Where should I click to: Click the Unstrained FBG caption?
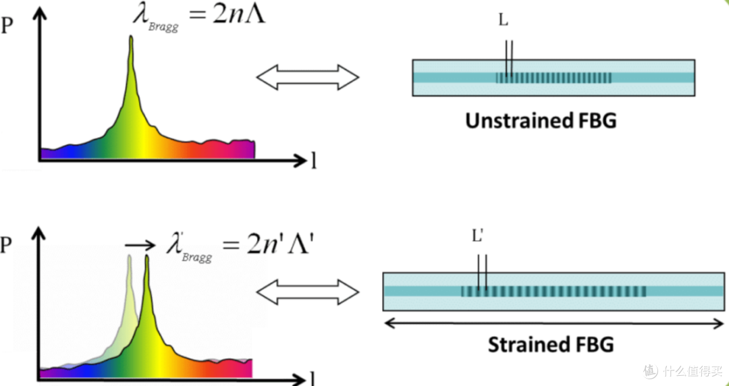coord(541,120)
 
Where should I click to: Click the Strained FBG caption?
coord(551,345)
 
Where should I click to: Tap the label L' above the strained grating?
coord(479,236)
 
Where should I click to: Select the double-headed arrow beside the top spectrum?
coord(308,77)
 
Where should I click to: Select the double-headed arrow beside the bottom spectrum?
coord(308,292)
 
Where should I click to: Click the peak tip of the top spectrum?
coord(131,37)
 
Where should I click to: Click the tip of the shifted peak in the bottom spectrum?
coord(147,256)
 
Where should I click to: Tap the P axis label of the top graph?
coord(7,26)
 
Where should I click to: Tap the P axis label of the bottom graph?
coord(6,244)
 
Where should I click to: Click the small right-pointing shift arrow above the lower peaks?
coord(140,245)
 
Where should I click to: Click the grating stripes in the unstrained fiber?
coord(553,78)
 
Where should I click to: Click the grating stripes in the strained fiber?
coord(553,291)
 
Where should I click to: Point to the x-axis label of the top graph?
coord(314,161)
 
